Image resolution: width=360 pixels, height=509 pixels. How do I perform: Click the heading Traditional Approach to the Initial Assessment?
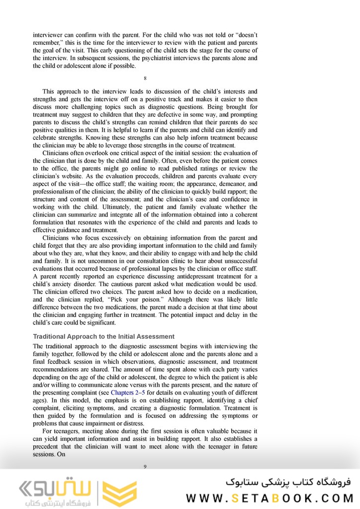tap(103, 336)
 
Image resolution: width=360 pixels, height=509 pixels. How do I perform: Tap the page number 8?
tap(145, 79)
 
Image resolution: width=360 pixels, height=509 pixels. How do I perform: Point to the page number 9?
tap(145, 466)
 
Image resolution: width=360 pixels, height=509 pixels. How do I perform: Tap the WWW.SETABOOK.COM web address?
tap(270, 498)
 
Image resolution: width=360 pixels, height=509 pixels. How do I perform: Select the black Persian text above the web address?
tap(288, 482)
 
